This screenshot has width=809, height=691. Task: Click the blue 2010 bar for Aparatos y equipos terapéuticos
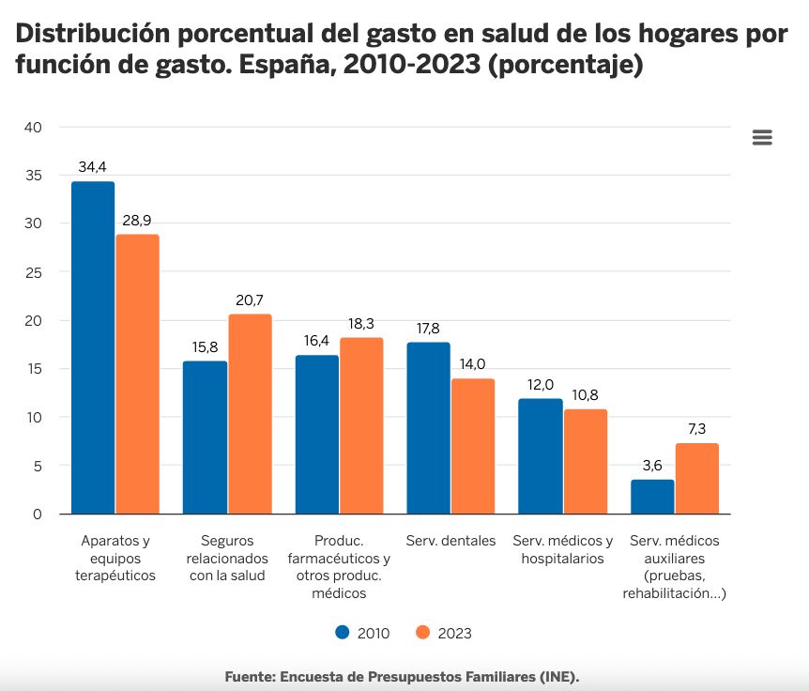(x=93, y=347)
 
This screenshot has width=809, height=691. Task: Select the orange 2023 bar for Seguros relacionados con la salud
(x=250, y=414)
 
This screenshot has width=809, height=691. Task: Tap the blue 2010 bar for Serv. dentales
(x=428, y=428)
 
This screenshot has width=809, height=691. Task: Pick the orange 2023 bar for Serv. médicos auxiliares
(x=696, y=479)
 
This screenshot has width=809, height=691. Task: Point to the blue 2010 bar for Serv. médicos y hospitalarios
(x=540, y=456)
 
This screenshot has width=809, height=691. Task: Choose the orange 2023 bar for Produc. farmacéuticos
(x=361, y=425)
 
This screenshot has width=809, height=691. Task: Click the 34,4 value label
(x=92, y=167)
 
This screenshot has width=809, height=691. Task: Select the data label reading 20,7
(x=250, y=300)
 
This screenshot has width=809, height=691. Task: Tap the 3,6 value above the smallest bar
(x=652, y=466)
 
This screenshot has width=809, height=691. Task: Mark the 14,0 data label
(x=473, y=364)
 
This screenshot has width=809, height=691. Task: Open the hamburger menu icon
(x=762, y=138)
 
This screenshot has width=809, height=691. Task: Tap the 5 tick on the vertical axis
(x=38, y=466)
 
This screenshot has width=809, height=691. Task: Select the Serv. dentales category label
(x=450, y=542)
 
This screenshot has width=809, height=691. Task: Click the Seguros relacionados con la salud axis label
(x=227, y=559)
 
